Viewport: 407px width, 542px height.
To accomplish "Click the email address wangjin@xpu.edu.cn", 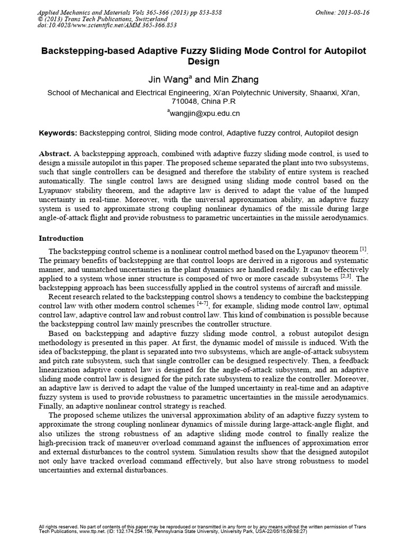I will coord(205,113).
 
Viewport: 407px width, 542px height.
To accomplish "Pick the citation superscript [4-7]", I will coord(203,304).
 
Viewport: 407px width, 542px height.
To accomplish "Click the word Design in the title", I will coord(203,62).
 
